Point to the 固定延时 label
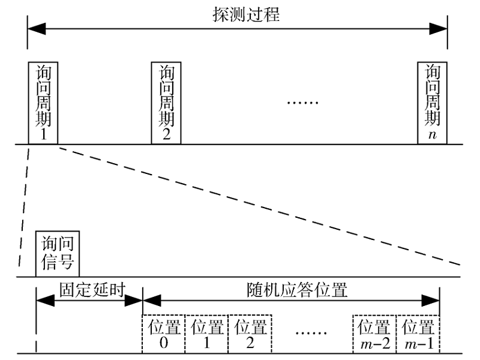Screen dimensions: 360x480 point(90,289)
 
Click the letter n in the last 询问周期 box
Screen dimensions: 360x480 point(433,134)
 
